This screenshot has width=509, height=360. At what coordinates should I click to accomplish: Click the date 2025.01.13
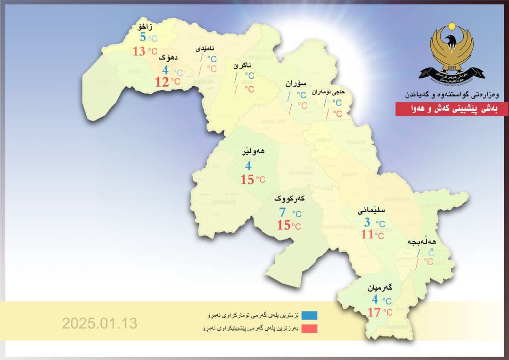point(99,323)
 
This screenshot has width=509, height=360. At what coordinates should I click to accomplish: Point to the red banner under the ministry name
point(452,109)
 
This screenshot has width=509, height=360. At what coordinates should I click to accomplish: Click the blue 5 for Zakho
point(142,37)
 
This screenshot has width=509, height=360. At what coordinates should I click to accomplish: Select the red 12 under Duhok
point(162,82)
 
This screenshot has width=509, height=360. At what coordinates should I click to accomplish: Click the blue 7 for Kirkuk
point(282,213)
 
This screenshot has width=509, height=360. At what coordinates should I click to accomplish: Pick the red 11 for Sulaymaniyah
point(367,234)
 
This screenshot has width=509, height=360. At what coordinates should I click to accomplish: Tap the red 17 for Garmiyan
point(374,312)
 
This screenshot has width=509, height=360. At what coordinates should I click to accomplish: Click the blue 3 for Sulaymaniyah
point(368,222)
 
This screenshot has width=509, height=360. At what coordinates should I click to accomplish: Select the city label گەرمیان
point(381,287)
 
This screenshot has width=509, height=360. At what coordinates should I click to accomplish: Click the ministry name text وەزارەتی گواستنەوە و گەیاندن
point(451,95)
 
